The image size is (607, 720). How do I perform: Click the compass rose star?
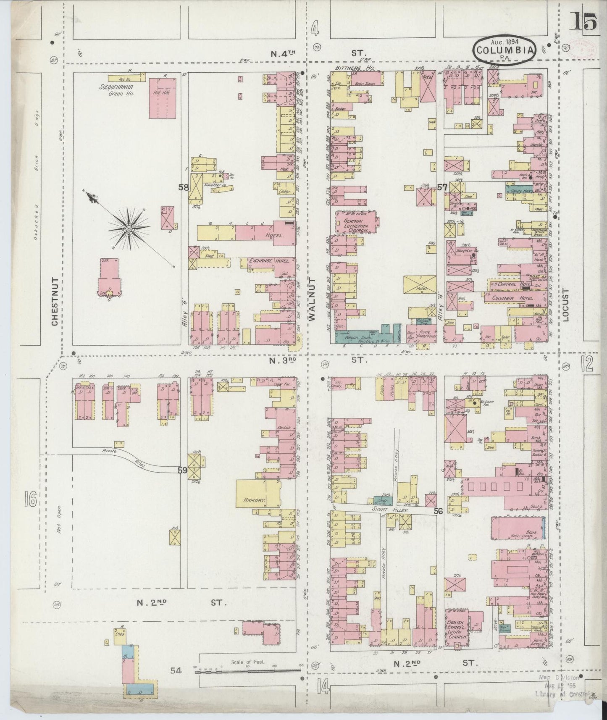coord(128,228)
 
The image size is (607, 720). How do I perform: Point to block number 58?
coord(183,188)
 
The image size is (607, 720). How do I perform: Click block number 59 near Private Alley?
coord(182,470)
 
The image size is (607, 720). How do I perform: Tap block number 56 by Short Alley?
coord(439,511)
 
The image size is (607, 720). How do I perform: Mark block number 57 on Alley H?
coord(441,187)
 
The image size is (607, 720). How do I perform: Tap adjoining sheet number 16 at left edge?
coord(30,500)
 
